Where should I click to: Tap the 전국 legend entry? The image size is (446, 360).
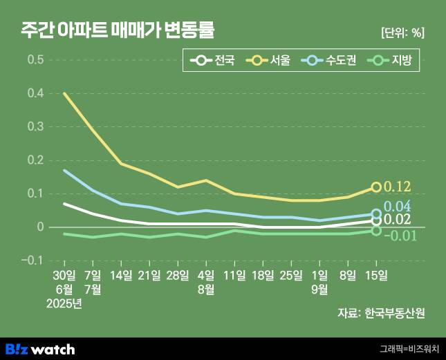pos(214,61)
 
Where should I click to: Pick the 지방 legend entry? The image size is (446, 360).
pos(391,61)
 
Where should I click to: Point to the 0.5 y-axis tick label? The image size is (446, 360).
pos(35,59)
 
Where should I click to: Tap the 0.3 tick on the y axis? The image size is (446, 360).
pos(35,126)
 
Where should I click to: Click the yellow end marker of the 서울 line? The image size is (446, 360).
pos(376,187)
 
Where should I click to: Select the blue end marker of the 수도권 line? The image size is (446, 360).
pos(376,214)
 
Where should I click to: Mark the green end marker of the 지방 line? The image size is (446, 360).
pos(376,230)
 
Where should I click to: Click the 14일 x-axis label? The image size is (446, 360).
pos(121,276)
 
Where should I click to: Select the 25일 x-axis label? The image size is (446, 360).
pos(291,276)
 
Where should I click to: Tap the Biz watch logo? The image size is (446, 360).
pos(40,349)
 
